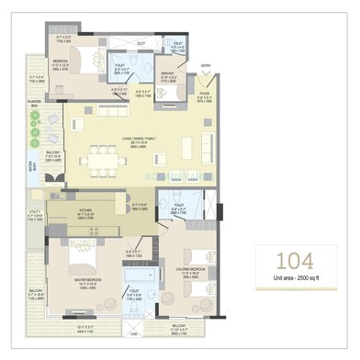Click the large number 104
coord(294,259)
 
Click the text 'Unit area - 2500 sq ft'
coord(294,276)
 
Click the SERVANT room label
coord(168,75)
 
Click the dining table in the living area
coord(98,162)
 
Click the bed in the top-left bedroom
coord(91,62)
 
